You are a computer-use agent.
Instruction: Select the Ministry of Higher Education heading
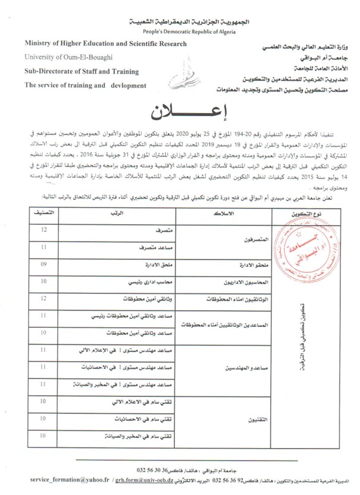click(x=106, y=43)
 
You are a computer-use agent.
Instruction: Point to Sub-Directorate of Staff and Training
click(x=82, y=71)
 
